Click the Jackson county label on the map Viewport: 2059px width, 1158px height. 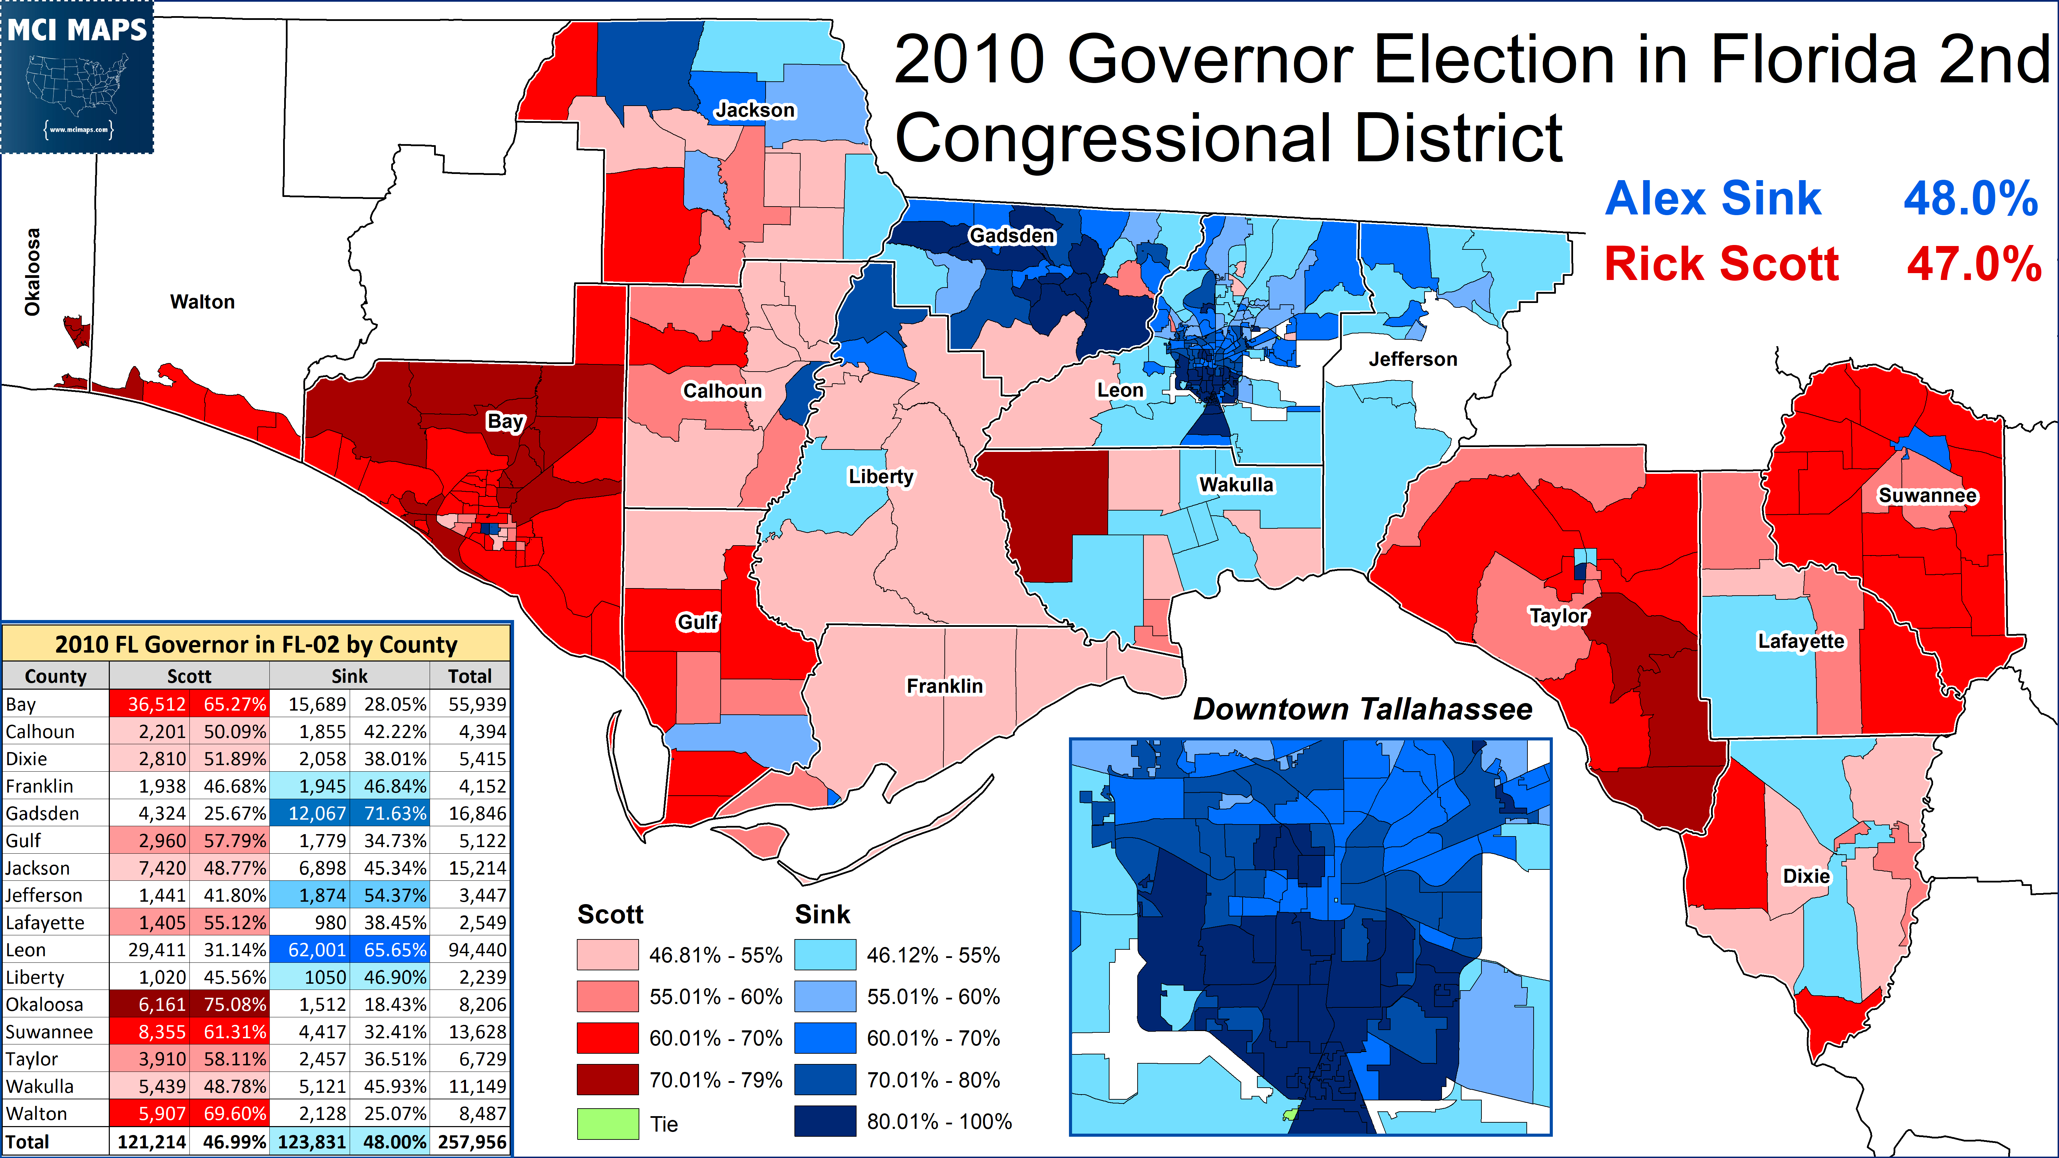(x=755, y=110)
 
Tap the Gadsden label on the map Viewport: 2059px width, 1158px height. (x=1012, y=236)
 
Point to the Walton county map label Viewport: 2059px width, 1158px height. (x=202, y=302)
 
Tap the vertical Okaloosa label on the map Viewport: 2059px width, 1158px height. (x=32, y=272)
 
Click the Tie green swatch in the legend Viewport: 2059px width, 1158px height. (x=607, y=1124)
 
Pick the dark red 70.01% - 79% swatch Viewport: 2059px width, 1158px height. (x=607, y=1080)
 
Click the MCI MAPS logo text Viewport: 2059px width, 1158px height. (x=78, y=31)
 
